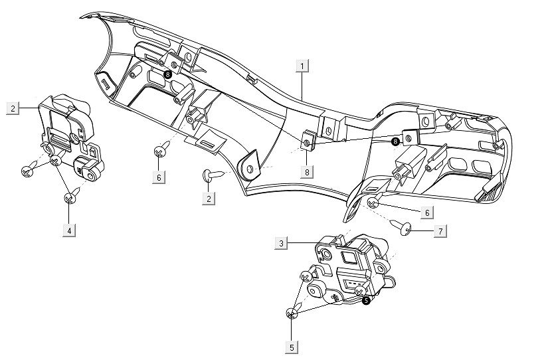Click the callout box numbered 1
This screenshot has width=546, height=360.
tap(303, 66)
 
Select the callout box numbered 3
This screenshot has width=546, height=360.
tap(282, 244)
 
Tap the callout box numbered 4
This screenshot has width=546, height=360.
tap(69, 230)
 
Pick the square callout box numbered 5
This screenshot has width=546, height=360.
tap(292, 347)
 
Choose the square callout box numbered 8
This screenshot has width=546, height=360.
tap(306, 171)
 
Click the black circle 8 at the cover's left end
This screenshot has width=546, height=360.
tap(167, 75)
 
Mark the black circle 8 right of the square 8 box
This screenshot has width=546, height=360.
tap(396, 141)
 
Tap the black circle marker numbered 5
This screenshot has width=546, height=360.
tap(367, 300)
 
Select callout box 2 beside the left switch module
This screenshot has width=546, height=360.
tap(13, 107)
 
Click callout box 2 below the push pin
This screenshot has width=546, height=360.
tap(209, 199)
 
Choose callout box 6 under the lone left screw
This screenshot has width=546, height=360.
tap(159, 177)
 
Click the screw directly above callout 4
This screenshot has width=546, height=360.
tap(70, 197)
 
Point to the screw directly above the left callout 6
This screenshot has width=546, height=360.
tap(159, 151)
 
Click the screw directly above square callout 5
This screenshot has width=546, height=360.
tap(292, 313)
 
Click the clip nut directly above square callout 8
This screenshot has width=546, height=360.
tap(308, 143)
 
